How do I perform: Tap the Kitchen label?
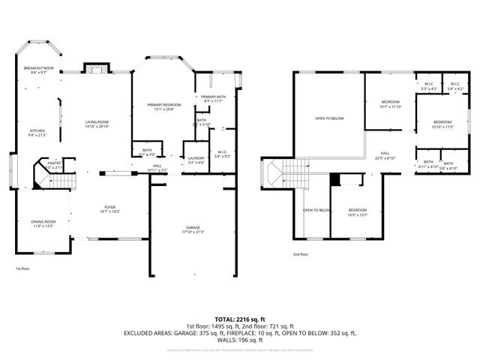point(37,130)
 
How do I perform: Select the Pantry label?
point(55,163)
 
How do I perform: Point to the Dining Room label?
point(43,222)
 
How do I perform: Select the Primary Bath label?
point(213,97)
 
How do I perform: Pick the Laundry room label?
point(196,157)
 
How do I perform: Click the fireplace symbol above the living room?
point(93,68)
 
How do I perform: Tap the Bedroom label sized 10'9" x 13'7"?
point(357,210)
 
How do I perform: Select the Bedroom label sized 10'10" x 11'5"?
point(442,121)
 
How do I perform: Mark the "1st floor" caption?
point(23,268)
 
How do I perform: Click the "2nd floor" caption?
point(301,255)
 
